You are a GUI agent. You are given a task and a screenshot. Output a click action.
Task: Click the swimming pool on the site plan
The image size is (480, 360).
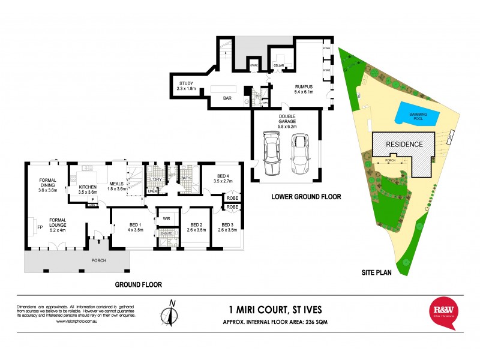coord(416,115)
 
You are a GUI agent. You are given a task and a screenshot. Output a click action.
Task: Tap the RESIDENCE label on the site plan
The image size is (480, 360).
coord(404,145)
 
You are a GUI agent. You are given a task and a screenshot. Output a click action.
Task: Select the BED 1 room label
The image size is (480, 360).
coord(134,226)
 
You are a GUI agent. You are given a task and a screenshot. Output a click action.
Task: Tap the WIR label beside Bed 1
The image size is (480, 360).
coord(166,219)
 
